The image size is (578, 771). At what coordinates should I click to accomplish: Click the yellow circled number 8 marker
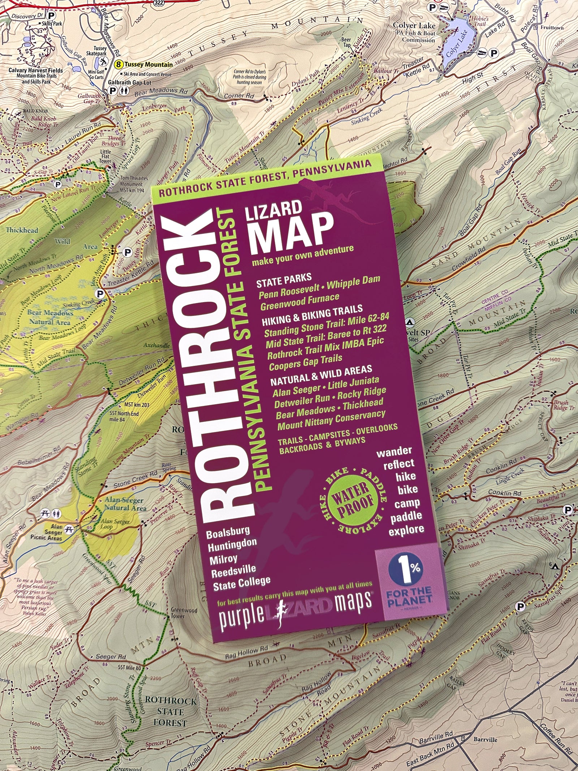118,65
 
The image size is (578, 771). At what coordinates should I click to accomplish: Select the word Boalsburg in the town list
228,531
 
